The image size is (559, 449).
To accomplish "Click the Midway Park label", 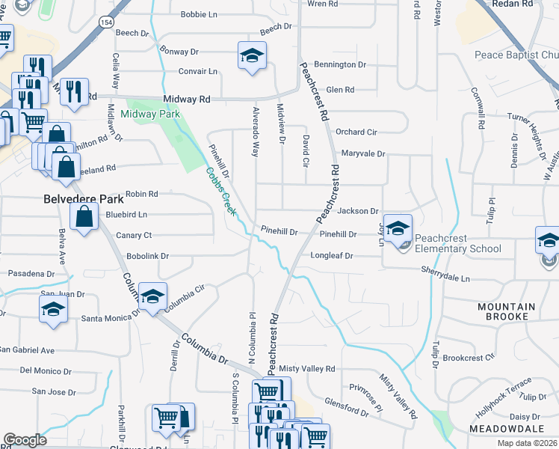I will pos(150,114).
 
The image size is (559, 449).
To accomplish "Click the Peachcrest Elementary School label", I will pos(460,243).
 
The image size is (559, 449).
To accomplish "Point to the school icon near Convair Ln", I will pos(253,55).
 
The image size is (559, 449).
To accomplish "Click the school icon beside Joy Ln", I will pos(398,227).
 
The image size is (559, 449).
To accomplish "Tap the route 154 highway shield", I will pos(99,24).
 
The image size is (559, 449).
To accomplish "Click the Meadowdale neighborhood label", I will pos(512,428).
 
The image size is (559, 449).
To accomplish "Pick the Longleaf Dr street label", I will pos(331,256).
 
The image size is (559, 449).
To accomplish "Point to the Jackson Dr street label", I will pos(358,212).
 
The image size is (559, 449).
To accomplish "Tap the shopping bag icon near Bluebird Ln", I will pos(84,217).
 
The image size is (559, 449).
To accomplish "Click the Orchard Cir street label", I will pos(356,132).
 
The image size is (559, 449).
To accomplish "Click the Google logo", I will pos(25,440).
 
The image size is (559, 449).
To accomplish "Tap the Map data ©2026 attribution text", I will pos(528,443).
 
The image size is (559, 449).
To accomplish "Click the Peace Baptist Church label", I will pos(516,55).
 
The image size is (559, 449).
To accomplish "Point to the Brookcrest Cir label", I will pos(489,358).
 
